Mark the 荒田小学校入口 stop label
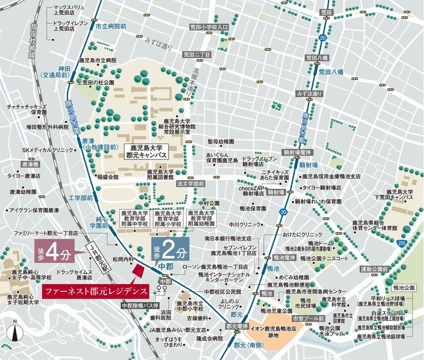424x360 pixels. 208,27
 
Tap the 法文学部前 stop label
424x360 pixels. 191,184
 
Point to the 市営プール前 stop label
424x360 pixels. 309,318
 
